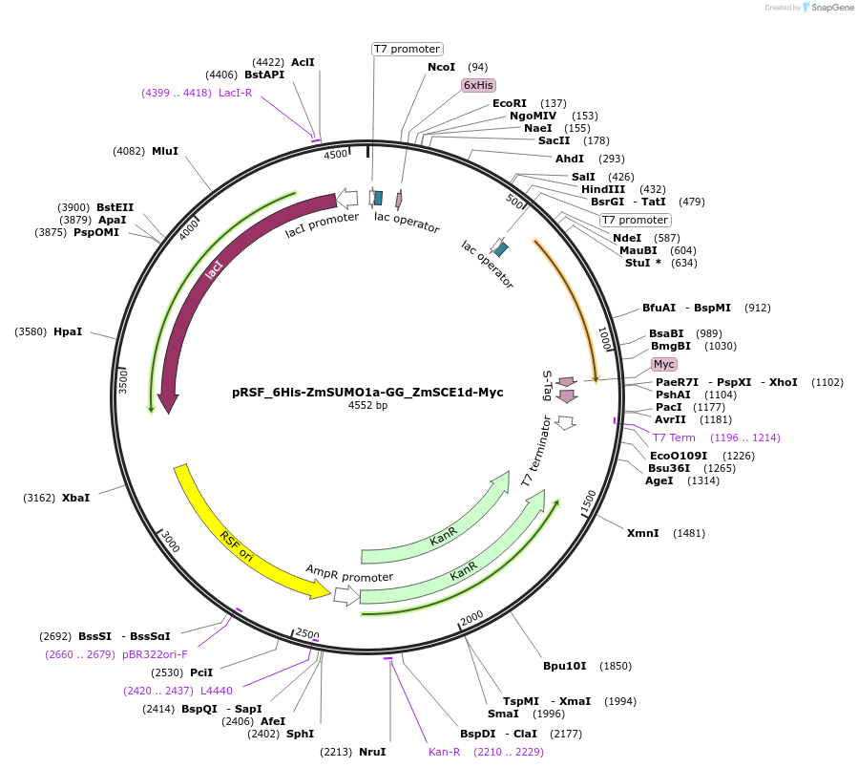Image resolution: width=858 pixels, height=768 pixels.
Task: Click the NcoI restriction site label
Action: coord(442,67)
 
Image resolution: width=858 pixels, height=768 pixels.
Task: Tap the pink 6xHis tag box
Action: coord(477,85)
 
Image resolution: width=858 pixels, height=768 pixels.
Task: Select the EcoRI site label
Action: coord(510,103)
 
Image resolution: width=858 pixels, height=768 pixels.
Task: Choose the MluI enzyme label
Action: coord(165,151)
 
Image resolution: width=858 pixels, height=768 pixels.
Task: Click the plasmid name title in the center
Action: coord(367,392)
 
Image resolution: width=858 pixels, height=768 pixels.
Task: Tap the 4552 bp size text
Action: coord(367,406)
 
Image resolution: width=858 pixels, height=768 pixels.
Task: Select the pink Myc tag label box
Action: coord(663,364)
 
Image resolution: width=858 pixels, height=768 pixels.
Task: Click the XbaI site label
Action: coord(76,498)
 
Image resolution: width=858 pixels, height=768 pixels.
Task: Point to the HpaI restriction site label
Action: coord(68,331)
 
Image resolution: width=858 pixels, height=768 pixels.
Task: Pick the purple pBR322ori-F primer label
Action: coord(155,654)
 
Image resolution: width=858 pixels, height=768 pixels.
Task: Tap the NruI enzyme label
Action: coord(372,752)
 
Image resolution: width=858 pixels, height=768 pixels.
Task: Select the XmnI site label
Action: coord(642,532)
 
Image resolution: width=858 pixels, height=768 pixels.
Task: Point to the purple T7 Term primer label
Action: coord(674,437)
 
